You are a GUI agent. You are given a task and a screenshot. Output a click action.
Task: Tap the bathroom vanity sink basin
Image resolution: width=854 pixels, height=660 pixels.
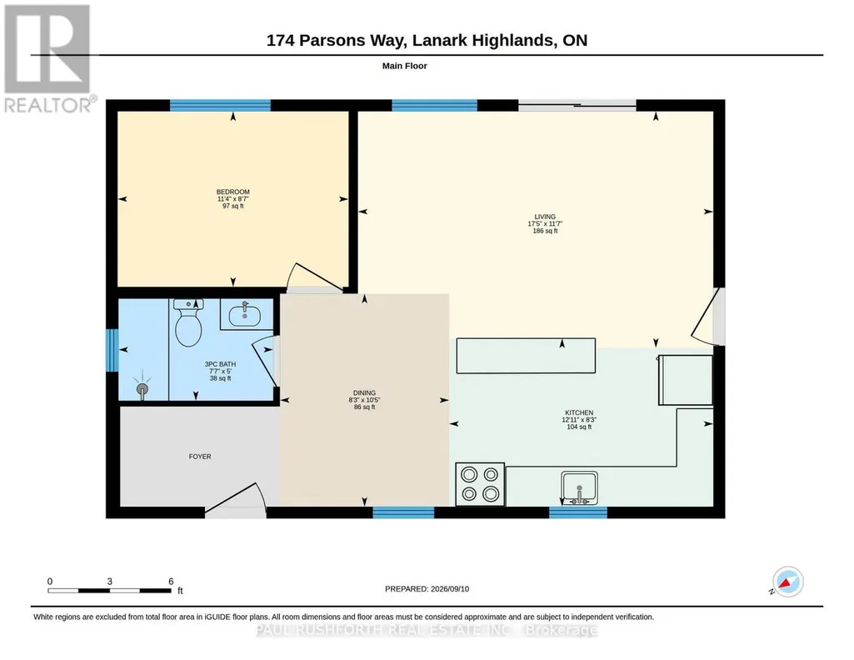[x=245, y=315]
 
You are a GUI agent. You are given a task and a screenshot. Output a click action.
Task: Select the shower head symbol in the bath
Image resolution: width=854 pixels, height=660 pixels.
[x=142, y=387]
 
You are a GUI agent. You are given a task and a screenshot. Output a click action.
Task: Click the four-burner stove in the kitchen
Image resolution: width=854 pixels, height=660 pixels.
[x=480, y=484]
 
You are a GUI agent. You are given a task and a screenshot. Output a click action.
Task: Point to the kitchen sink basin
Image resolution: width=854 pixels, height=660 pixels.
[x=580, y=488]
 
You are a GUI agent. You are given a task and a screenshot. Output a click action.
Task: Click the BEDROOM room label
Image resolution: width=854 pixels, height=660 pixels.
[x=233, y=192]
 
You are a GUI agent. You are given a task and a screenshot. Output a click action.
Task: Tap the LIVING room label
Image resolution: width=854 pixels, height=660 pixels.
[x=545, y=217]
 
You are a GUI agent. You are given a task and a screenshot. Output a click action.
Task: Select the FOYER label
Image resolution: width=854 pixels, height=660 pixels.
[x=200, y=457]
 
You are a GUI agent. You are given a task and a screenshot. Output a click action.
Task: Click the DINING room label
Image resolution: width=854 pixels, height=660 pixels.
[x=364, y=393]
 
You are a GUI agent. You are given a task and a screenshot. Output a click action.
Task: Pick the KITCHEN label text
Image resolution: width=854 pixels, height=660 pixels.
[x=579, y=412]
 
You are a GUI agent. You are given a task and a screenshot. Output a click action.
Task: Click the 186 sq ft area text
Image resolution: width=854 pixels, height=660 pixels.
[x=545, y=231]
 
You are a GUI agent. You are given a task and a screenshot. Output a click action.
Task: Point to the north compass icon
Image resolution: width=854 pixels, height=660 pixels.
[x=787, y=582]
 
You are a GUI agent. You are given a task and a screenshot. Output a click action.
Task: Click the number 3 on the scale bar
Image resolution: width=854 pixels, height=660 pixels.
[x=109, y=582]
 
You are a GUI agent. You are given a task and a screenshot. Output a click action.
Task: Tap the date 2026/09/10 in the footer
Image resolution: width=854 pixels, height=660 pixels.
[x=450, y=588]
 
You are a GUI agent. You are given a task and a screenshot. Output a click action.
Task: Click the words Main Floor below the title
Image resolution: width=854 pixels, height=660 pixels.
[x=405, y=66]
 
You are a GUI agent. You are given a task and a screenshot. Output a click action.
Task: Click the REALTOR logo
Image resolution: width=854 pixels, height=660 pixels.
[x=48, y=59]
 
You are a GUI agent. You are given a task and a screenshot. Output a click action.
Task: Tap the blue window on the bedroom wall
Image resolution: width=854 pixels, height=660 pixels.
[x=220, y=105]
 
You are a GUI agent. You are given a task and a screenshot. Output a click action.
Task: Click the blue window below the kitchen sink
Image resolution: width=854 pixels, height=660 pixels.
[x=578, y=512]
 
